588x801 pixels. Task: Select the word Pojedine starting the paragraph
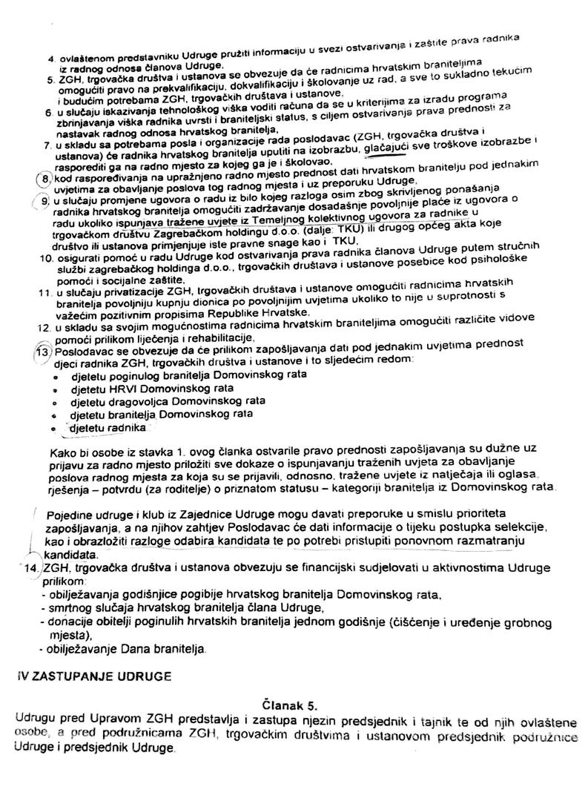click(69, 515)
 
